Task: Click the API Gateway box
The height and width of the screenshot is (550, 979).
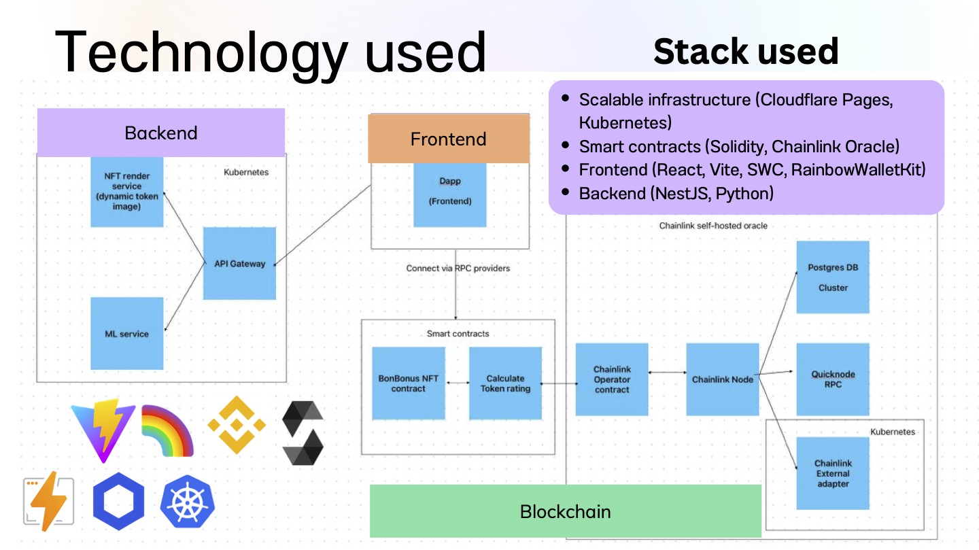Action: coord(239,263)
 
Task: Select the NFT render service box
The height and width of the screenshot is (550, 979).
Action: coord(126,192)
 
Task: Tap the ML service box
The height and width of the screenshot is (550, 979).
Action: coord(126,334)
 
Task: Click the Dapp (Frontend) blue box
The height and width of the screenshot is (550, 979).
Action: coord(450,195)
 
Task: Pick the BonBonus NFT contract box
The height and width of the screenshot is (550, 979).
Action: coord(408,383)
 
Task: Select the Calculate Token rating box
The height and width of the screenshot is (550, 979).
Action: coord(505,383)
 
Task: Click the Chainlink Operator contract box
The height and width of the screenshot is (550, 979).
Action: coord(612,379)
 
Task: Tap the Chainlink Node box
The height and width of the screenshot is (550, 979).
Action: coord(723,379)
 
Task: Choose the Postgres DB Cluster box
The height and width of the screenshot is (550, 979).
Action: coord(833,277)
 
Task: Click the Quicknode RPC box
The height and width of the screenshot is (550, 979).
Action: coord(833,379)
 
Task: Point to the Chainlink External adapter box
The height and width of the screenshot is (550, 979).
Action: coord(833,473)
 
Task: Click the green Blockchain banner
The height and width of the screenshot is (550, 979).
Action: coord(566,511)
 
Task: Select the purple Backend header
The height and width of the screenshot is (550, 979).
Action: coord(161,133)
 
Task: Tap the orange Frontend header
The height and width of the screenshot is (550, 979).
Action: coord(449,139)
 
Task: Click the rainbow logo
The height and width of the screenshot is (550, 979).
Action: coord(168,430)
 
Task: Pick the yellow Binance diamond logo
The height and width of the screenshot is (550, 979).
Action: coord(237,424)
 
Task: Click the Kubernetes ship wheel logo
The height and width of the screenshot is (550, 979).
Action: coord(188,502)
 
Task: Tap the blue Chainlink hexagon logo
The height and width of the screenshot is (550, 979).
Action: coord(118,501)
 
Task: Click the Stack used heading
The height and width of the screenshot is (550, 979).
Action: coord(746,51)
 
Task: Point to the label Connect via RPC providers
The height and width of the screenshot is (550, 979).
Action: coord(458,268)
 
